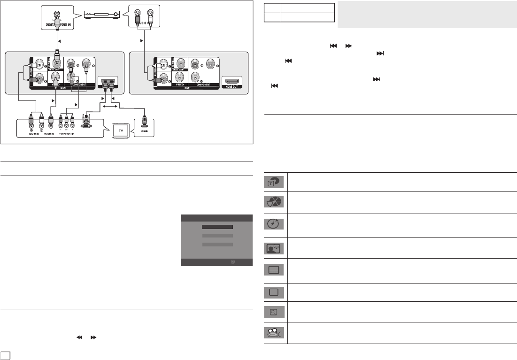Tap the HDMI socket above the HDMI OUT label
point(231,81)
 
